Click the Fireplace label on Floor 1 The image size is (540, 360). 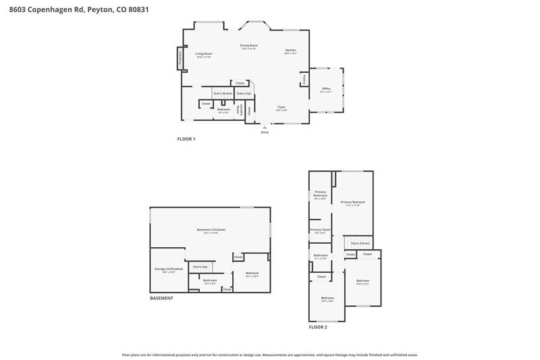(x=180, y=59)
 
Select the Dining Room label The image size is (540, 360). (x=249, y=45)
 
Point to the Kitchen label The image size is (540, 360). (x=290, y=51)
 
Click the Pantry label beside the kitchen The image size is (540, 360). (x=304, y=79)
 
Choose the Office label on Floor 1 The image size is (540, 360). (x=326, y=89)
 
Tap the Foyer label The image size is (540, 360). (x=282, y=107)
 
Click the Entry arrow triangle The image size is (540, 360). (x=265, y=126)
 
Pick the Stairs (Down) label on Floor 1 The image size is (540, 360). (x=223, y=93)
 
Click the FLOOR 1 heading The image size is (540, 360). (x=186, y=138)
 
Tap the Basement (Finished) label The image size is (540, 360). (x=211, y=230)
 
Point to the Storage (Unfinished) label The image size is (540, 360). (x=164, y=269)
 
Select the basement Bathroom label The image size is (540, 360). (x=210, y=280)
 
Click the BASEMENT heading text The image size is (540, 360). (x=161, y=298)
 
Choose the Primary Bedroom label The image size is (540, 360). (x=352, y=202)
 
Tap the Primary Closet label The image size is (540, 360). (x=320, y=230)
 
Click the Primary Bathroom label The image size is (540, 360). (x=320, y=195)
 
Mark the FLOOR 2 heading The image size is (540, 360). (x=318, y=327)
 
